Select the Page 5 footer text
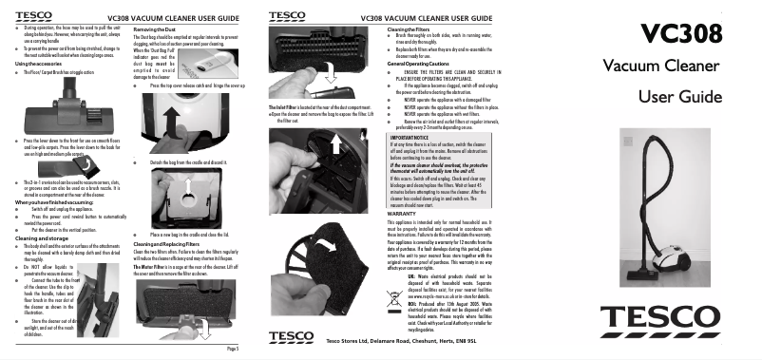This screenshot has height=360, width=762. (x=244, y=351)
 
